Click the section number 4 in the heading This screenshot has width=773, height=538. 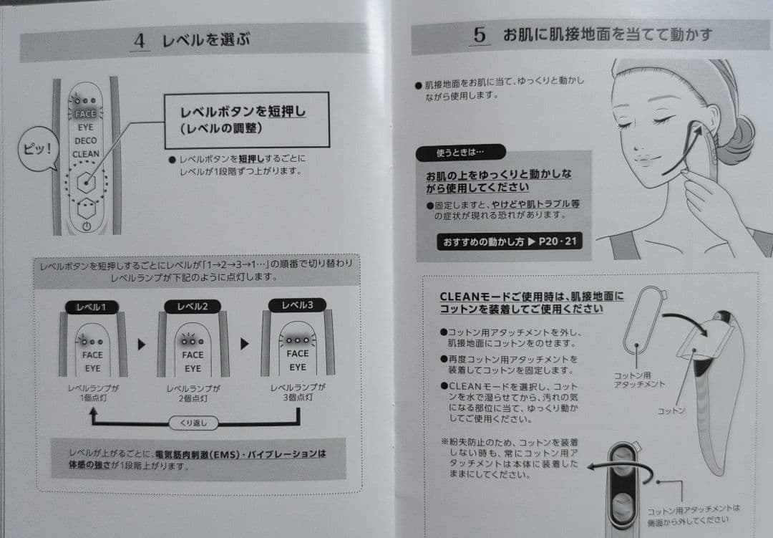140,40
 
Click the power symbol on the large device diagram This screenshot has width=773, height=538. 87,226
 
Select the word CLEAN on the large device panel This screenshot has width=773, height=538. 86,154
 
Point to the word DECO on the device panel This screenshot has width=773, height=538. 86,140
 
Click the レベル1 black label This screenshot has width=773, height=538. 92,307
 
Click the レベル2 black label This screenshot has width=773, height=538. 193,307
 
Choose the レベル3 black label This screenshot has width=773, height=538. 297,305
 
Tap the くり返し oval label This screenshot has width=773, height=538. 193,423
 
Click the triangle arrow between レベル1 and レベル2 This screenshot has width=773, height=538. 142,344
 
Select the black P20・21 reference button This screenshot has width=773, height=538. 510,241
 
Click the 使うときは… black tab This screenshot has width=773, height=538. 460,153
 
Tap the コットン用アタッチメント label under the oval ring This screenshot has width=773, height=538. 639,380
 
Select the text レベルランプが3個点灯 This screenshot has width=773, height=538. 298,392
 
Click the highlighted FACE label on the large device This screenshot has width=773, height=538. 85,114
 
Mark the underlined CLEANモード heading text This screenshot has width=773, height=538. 531,302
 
